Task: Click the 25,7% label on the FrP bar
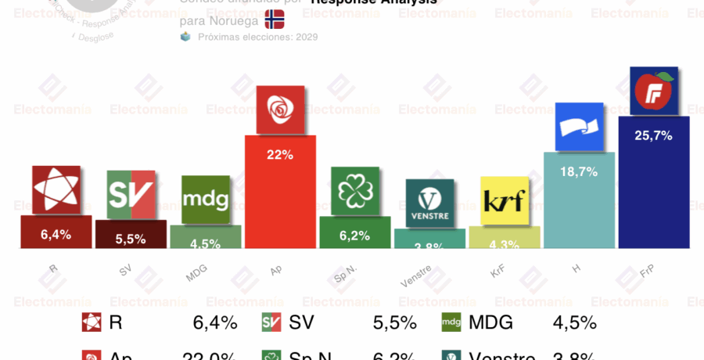[x=653, y=135]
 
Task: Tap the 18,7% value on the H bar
[x=579, y=171]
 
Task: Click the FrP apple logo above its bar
[x=653, y=92]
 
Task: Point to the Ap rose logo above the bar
[x=280, y=110]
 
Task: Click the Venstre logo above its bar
[x=429, y=203]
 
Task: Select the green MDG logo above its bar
[x=206, y=199]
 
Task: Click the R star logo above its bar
[x=56, y=189]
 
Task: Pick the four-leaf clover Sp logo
[x=354, y=190]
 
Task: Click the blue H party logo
[x=579, y=126]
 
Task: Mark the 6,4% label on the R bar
[x=56, y=232]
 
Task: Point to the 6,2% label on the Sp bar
[x=354, y=234]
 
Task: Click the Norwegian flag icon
[x=275, y=19]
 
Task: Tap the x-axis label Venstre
[x=415, y=276]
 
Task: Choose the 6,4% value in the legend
[x=214, y=322]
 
